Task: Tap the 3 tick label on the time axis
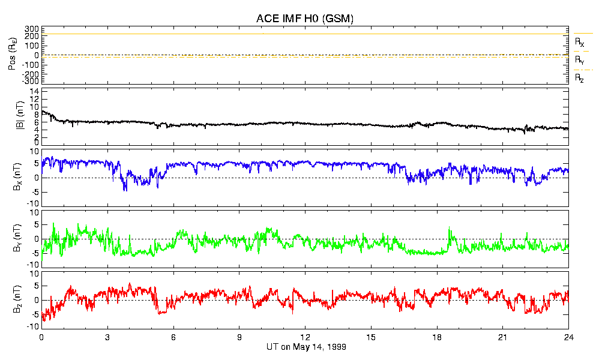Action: [107, 337]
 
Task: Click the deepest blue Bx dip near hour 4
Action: [125, 190]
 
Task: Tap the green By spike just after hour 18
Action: [450, 228]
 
